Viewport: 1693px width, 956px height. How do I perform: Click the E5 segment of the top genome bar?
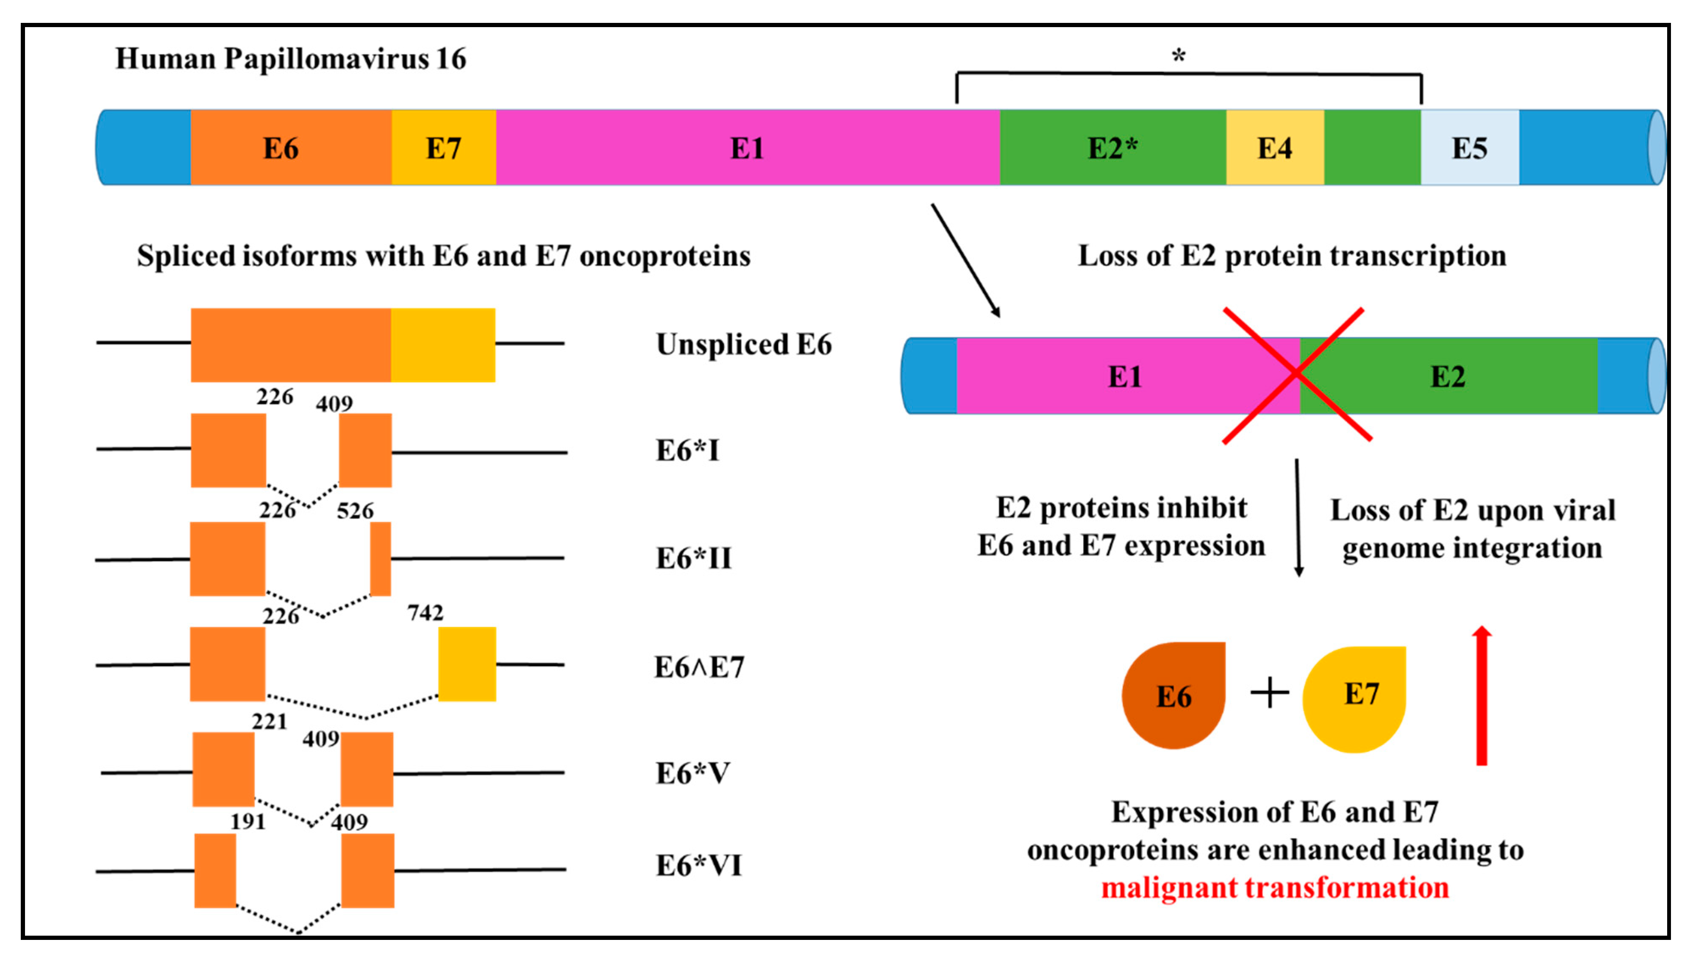[1470, 148]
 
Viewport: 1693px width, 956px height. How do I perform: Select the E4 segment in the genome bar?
[1274, 148]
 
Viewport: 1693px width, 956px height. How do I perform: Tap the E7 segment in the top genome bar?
[444, 148]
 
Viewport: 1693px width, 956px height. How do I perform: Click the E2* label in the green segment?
[1112, 148]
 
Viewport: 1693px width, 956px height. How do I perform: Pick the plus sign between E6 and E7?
[1269, 693]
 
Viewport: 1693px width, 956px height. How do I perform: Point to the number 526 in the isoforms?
[355, 511]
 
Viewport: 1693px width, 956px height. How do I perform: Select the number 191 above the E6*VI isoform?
[248, 821]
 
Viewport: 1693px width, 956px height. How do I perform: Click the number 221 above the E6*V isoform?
[270, 721]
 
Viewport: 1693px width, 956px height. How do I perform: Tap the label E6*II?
[693, 559]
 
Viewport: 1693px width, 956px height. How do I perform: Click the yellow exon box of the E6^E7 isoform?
[467, 664]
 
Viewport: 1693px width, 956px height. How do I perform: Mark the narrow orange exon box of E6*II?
[381, 559]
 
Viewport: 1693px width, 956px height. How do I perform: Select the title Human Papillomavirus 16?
[290, 58]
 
